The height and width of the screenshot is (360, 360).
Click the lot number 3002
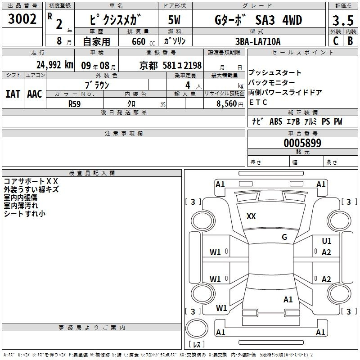point(22,19)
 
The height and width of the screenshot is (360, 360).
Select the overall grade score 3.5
point(343,20)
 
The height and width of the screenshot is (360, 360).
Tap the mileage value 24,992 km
point(55,65)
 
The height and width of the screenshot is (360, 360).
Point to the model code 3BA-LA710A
point(258,41)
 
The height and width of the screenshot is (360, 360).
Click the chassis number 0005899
point(302,143)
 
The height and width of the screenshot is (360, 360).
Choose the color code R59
point(74,104)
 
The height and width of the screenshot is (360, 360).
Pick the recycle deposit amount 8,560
point(227,104)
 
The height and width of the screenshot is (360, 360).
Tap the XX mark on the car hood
point(251,216)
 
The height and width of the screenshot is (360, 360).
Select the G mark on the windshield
point(284,237)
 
